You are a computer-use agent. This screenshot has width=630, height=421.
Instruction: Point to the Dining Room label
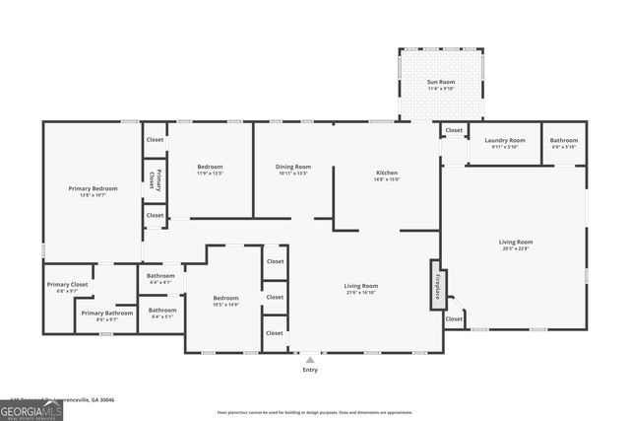click(292, 167)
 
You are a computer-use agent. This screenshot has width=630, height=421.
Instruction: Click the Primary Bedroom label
click(93, 188)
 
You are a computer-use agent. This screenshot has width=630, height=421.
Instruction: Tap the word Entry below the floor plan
click(311, 370)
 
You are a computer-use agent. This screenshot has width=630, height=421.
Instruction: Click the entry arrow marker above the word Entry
click(311, 359)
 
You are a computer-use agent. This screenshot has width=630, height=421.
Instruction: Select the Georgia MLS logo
click(31, 409)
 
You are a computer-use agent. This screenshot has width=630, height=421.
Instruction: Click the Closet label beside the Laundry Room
click(454, 130)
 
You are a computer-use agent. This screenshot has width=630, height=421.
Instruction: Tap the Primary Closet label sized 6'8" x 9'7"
click(66, 286)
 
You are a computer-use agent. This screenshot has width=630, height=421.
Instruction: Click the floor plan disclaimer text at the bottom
click(314, 412)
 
